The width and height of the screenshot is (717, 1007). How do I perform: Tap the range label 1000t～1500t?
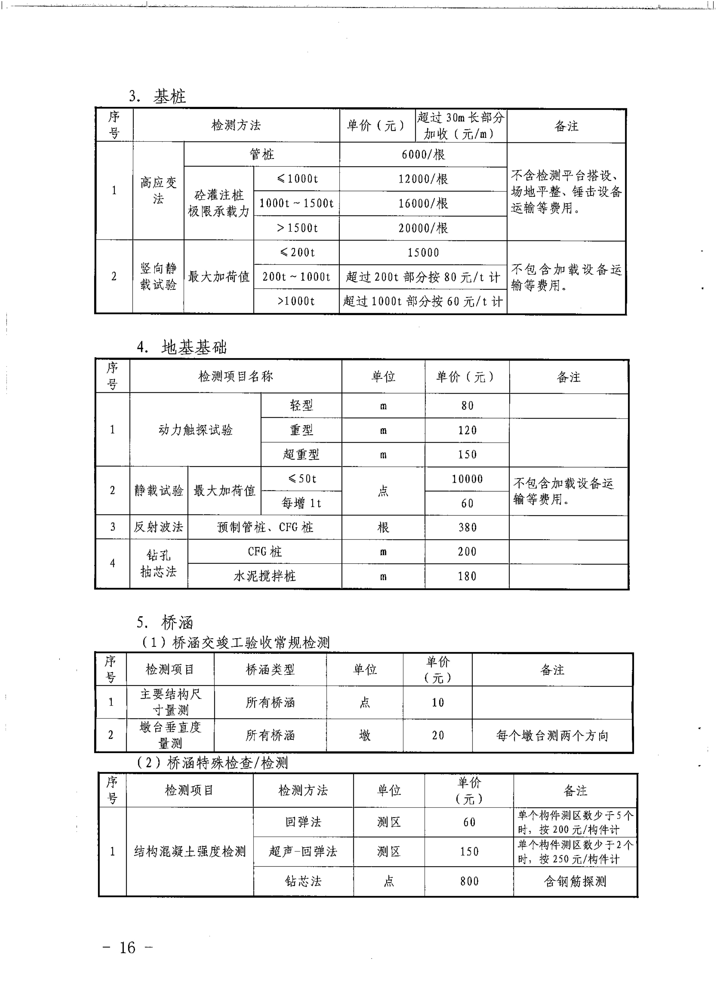click(296, 203)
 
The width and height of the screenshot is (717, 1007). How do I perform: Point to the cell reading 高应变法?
click(158, 190)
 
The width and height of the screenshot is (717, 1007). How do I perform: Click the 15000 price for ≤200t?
click(423, 253)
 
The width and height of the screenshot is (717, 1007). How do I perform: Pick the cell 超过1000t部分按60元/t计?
click(423, 301)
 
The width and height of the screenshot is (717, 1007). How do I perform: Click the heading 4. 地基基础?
click(182, 347)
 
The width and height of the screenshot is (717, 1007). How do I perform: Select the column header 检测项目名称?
click(236, 376)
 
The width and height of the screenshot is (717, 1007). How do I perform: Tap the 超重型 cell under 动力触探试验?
click(301, 454)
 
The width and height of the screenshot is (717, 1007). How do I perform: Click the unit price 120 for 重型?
click(467, 430)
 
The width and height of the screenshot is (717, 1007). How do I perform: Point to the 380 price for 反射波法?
click(467, 527)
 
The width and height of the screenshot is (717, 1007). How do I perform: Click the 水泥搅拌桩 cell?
click(264, 576)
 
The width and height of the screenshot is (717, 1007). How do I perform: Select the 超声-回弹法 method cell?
click(303, 851)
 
